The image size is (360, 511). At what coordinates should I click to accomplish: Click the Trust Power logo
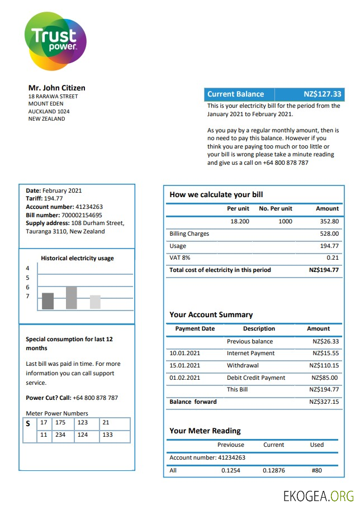click(x=55, y=41)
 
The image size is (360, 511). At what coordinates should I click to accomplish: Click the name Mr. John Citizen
click(x=56, y=88)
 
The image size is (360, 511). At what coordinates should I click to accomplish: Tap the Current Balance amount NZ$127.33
click(x=322, y=94)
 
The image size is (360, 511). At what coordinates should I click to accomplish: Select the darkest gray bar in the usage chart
click(x=48, y=301)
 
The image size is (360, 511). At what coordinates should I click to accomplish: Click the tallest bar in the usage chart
click(x=72, y=298)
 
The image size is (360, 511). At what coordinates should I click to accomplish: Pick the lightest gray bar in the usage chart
click(x=95, y=302)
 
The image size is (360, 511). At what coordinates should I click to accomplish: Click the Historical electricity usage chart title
click(x=77, y=258)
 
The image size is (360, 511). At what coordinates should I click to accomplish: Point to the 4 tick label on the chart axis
click(x=27, y=269)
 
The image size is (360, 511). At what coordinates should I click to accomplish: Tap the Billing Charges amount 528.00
click(x=329, y=233)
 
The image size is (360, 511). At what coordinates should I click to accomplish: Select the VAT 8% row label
click(x=179, y=257)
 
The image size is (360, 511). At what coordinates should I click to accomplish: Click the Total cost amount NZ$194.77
click(x=324, y=270)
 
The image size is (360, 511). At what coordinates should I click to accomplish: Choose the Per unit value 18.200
click(x=239, y=221)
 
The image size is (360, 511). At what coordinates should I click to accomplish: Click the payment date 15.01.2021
click(x=184, y=365)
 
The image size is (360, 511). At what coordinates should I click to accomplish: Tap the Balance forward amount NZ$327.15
click(x=324, y=402)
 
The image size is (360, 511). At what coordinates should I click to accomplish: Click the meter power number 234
click(x=60, y=434)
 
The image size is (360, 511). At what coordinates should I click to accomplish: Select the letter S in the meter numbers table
click(x=28, y=424)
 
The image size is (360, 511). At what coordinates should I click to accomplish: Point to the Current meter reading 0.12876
click(x=273, y=470)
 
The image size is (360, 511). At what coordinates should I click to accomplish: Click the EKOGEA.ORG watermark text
click(x=319, y=495)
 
